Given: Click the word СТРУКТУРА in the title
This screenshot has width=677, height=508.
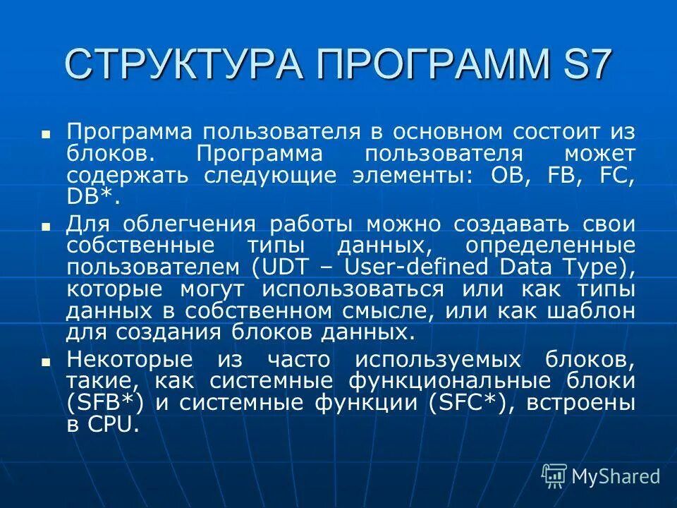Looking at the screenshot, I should coord(184,64).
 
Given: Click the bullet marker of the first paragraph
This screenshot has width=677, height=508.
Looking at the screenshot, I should coord(46,133).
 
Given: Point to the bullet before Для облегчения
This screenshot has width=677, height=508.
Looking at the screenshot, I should coord(46,227).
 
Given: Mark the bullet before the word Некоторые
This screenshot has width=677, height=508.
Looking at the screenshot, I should coord(46,361).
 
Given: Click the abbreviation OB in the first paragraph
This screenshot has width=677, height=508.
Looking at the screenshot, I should coord(506,176).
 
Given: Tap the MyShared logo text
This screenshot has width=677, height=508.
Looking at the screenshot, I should coord(616,476).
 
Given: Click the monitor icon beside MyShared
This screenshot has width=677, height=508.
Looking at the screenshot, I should coord(554,476).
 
